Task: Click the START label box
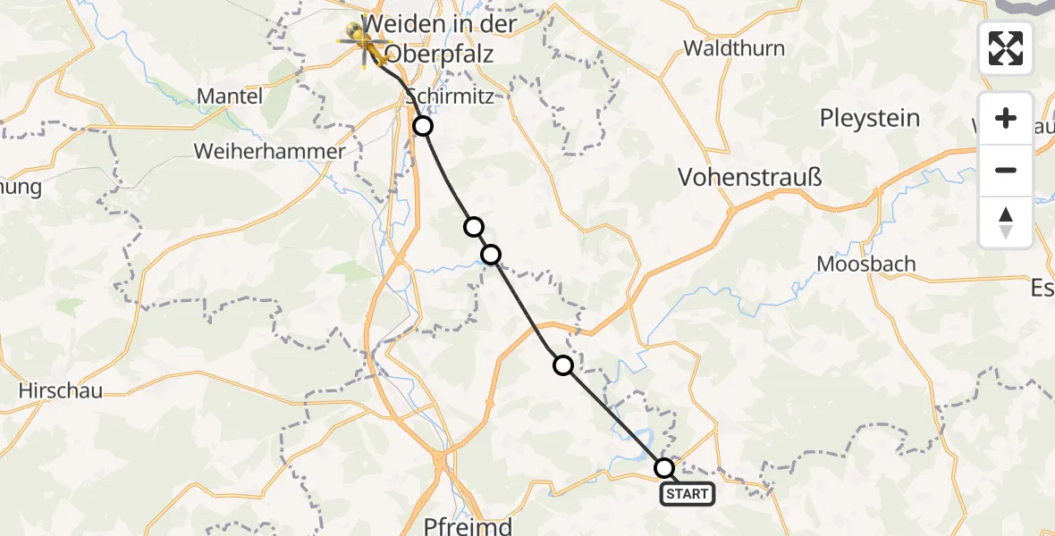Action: pos(687,494)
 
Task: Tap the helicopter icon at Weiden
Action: pos(362,40)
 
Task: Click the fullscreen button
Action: pos(1006,48)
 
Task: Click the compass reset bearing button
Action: pos(1006,222)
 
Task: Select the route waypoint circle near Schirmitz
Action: pos(423,127)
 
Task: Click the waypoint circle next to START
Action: pos(664,468)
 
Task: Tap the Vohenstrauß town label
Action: pos(750,177)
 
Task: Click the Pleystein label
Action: pos(870,118)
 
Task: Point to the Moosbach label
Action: pos(866,264)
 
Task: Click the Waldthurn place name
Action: pos(734,48)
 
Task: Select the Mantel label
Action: pos(230,96)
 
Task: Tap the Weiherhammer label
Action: pos(269,151)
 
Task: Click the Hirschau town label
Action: pos(61,390)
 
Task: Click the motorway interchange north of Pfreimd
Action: pos(441,459)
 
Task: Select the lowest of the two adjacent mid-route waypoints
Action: pos(492,255)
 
